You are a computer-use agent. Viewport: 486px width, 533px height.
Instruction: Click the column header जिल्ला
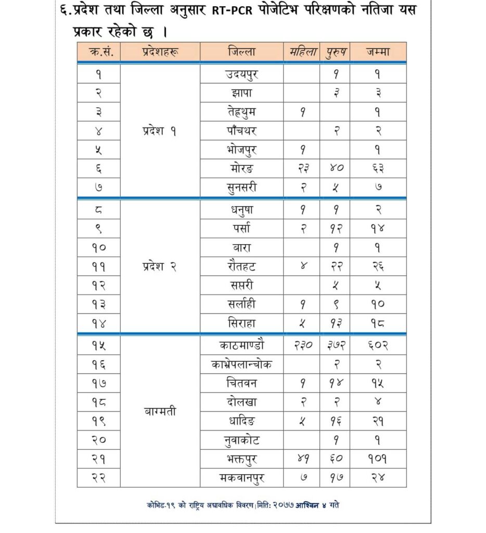coord(241,52)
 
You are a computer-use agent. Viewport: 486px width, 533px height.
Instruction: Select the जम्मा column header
coord(378,52)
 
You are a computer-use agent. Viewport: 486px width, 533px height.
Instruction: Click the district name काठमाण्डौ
coord(242,345)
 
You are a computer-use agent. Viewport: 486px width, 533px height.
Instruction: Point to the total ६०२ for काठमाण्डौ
coord(378,345)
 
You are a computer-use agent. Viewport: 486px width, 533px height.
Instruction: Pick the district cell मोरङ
coord(242,168)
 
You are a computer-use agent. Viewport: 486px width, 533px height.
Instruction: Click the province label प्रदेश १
coord(160,131)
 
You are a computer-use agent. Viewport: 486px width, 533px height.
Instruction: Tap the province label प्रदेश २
coord(160,266)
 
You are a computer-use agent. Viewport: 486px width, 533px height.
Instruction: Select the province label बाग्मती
coord(160,411)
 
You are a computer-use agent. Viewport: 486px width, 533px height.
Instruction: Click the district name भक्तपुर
coord(242,459)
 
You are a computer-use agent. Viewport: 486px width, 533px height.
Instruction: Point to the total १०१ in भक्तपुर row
coord(378,459)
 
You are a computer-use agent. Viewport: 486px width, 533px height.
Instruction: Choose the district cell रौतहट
coord(242,266)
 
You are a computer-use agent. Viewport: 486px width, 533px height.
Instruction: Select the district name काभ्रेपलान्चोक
coord(242,364)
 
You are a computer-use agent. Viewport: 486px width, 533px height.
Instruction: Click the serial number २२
coord(98,478)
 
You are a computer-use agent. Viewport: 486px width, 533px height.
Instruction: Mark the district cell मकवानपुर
coord(242,478)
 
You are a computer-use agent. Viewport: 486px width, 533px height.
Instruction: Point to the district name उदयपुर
coord(242,74)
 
